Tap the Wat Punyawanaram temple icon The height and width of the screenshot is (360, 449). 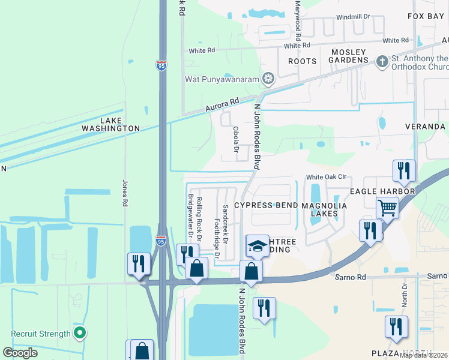[x=269, y=78]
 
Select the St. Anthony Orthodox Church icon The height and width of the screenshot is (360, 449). [x=382, y=61]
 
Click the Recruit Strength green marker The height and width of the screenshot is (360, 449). [x=79, y=333]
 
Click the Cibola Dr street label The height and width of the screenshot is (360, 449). [x=236, y=139]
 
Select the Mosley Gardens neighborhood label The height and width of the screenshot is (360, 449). [x=349, y=56]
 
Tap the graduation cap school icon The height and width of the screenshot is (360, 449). [x=258, y=246]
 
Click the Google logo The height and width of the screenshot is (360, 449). [x=20, y=352]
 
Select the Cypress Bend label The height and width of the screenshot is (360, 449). [x=265, y=205]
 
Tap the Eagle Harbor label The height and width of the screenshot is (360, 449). [x=383, y=191]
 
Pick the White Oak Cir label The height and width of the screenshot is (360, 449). [x=327, y=177]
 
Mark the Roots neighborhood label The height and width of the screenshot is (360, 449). [x=302, y=61]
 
